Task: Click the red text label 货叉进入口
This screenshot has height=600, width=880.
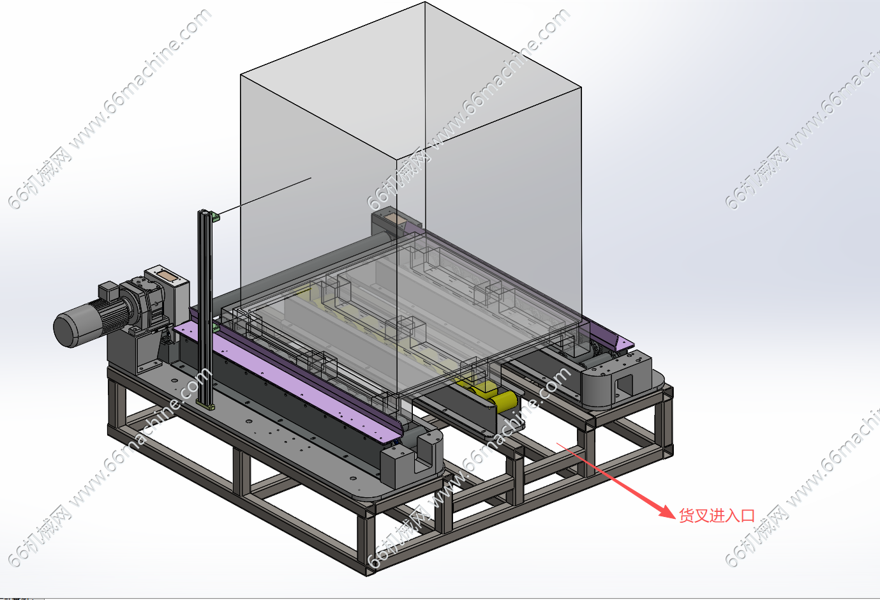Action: [x=717, y=516]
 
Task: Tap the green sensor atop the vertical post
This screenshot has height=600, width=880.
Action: [x=215, y=216]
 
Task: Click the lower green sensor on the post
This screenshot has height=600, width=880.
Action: [x=216, y=327]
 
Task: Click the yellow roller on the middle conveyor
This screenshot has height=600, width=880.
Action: [x=503, y=401]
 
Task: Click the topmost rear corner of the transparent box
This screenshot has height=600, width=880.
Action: [x=424, y=2]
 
